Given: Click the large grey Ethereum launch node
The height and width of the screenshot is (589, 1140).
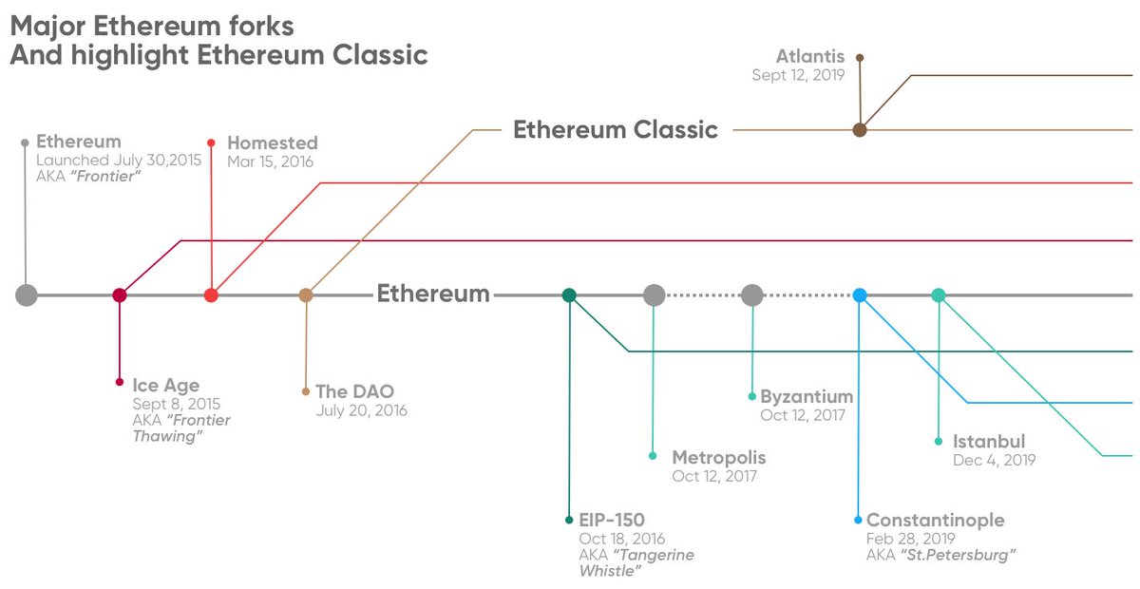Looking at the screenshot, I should coord(27,295).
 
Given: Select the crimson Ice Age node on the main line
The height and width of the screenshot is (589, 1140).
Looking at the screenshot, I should coord(120,295).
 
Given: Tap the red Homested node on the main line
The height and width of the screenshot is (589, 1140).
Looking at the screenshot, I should coord(212,295).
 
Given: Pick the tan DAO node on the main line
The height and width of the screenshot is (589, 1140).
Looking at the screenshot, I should coord(306,295).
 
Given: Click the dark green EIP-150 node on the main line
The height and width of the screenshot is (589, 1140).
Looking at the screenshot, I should coord(569,295).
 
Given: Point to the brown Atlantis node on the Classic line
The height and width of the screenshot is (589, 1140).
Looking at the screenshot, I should coord(860,130).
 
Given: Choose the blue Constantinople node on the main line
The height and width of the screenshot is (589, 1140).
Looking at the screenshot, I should coord(860,295).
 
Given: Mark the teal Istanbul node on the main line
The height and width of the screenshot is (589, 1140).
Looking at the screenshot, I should coord(939,295).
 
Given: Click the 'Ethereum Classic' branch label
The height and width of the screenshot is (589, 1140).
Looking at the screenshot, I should coord(616,130).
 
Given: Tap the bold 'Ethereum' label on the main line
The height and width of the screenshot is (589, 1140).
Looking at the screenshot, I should coord(433,294).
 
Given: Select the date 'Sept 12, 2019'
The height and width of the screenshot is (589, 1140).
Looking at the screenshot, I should coord(797,75).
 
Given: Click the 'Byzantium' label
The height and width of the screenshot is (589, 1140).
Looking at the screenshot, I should coord(807,396).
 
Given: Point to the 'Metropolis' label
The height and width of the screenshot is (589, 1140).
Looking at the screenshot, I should coord(718,458).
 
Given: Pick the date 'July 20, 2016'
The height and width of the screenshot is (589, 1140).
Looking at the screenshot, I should coord(361,410).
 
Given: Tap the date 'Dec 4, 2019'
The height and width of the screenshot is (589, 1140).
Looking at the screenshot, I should coord(994,460).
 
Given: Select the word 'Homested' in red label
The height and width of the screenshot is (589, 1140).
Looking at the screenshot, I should coord(273,143).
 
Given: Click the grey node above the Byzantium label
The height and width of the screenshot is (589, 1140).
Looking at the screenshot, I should coord(752,295).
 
